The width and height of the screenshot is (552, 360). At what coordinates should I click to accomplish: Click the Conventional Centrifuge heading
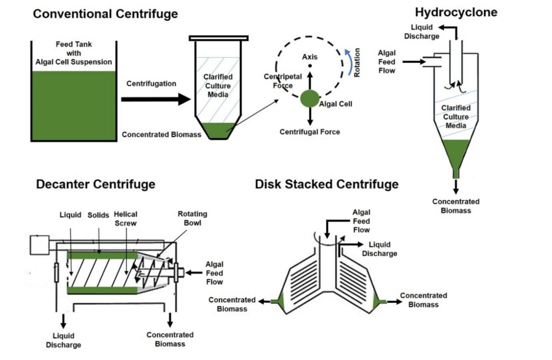(105, 14)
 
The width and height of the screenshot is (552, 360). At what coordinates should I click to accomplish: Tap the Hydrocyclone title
(456, 12)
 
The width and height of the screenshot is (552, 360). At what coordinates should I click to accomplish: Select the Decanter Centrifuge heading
(95, 184)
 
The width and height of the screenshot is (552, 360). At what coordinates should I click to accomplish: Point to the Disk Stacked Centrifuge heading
(327, 184)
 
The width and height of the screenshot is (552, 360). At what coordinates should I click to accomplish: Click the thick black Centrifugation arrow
(156, 99)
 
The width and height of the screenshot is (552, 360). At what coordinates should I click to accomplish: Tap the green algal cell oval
(310, 99)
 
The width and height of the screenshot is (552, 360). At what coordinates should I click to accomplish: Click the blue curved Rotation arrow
(348, 62)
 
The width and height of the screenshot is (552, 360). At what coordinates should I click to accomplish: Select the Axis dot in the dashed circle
(310, 66)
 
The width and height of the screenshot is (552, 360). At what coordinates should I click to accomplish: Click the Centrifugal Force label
(310, 132)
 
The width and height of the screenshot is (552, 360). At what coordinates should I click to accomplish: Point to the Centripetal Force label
(282, 81)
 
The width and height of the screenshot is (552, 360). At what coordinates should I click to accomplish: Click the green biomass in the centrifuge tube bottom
(219, 131)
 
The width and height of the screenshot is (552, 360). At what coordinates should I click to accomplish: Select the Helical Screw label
(126, 219)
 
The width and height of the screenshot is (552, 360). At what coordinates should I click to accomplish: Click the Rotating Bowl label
(193, 218)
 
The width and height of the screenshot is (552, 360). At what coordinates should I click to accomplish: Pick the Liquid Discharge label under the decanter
(64, 341)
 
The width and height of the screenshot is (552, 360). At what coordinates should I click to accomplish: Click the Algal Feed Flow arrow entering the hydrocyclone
(414, 62)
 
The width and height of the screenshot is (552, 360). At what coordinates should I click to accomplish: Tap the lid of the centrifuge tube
(219, 38)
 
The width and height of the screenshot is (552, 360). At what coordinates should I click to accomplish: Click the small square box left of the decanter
(40, 245)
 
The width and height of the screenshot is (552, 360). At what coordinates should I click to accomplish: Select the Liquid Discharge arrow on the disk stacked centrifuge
(351, 244)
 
